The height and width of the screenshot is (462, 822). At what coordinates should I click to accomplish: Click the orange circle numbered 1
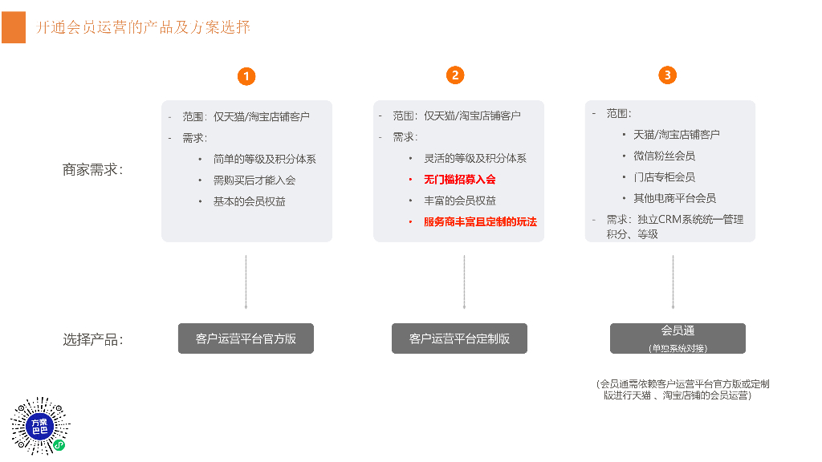pos(246,76)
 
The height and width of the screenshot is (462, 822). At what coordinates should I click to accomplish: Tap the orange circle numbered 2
pos(455,75)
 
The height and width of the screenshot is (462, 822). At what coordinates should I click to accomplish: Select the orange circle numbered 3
pos(667,75)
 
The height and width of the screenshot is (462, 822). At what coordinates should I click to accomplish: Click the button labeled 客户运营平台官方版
pos(246,338)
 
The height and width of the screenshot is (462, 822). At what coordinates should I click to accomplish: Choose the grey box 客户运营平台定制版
pos(459,338)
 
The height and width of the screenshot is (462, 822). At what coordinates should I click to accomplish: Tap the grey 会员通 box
pos(678,338)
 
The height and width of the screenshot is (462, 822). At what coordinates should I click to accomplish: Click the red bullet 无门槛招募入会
pos(459,180)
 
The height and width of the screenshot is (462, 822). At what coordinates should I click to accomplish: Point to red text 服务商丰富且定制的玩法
pos(480,221)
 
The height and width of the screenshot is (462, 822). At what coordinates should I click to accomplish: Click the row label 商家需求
pos(92,170)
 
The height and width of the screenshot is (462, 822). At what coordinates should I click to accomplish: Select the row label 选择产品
pos(92,339)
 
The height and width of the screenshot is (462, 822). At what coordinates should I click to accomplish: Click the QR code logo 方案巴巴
pos(40,425)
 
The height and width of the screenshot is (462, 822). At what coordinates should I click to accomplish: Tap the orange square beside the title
pos(13,27)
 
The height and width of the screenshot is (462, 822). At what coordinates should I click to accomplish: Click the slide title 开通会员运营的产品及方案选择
pos(144,27)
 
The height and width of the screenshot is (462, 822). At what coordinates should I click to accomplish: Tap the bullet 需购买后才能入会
pos(254,180)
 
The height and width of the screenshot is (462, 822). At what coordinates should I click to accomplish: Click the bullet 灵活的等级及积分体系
pos(475,159)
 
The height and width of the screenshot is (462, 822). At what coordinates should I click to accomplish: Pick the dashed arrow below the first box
pos(246,282)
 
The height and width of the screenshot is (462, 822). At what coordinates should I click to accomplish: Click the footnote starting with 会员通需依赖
pos(682,390)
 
